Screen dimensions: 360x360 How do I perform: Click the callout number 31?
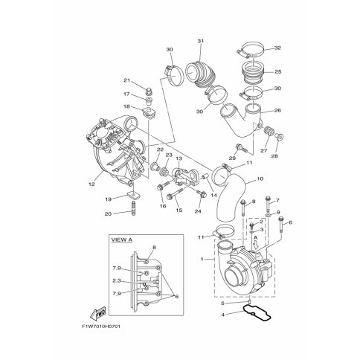click(x=200, y=41)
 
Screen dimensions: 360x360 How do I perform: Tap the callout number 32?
click(x=277, y=48)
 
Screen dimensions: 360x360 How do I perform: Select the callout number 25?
click(x=278, y=72)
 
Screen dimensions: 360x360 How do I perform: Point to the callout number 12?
click(x=91, y=184)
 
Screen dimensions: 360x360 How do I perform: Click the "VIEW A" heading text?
click(x=121, y=240)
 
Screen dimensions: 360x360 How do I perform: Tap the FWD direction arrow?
click(x=97, y=313)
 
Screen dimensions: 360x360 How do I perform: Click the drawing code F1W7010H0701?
click(x=101, y=327)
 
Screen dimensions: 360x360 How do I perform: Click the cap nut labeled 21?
click(x=149, y=91)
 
